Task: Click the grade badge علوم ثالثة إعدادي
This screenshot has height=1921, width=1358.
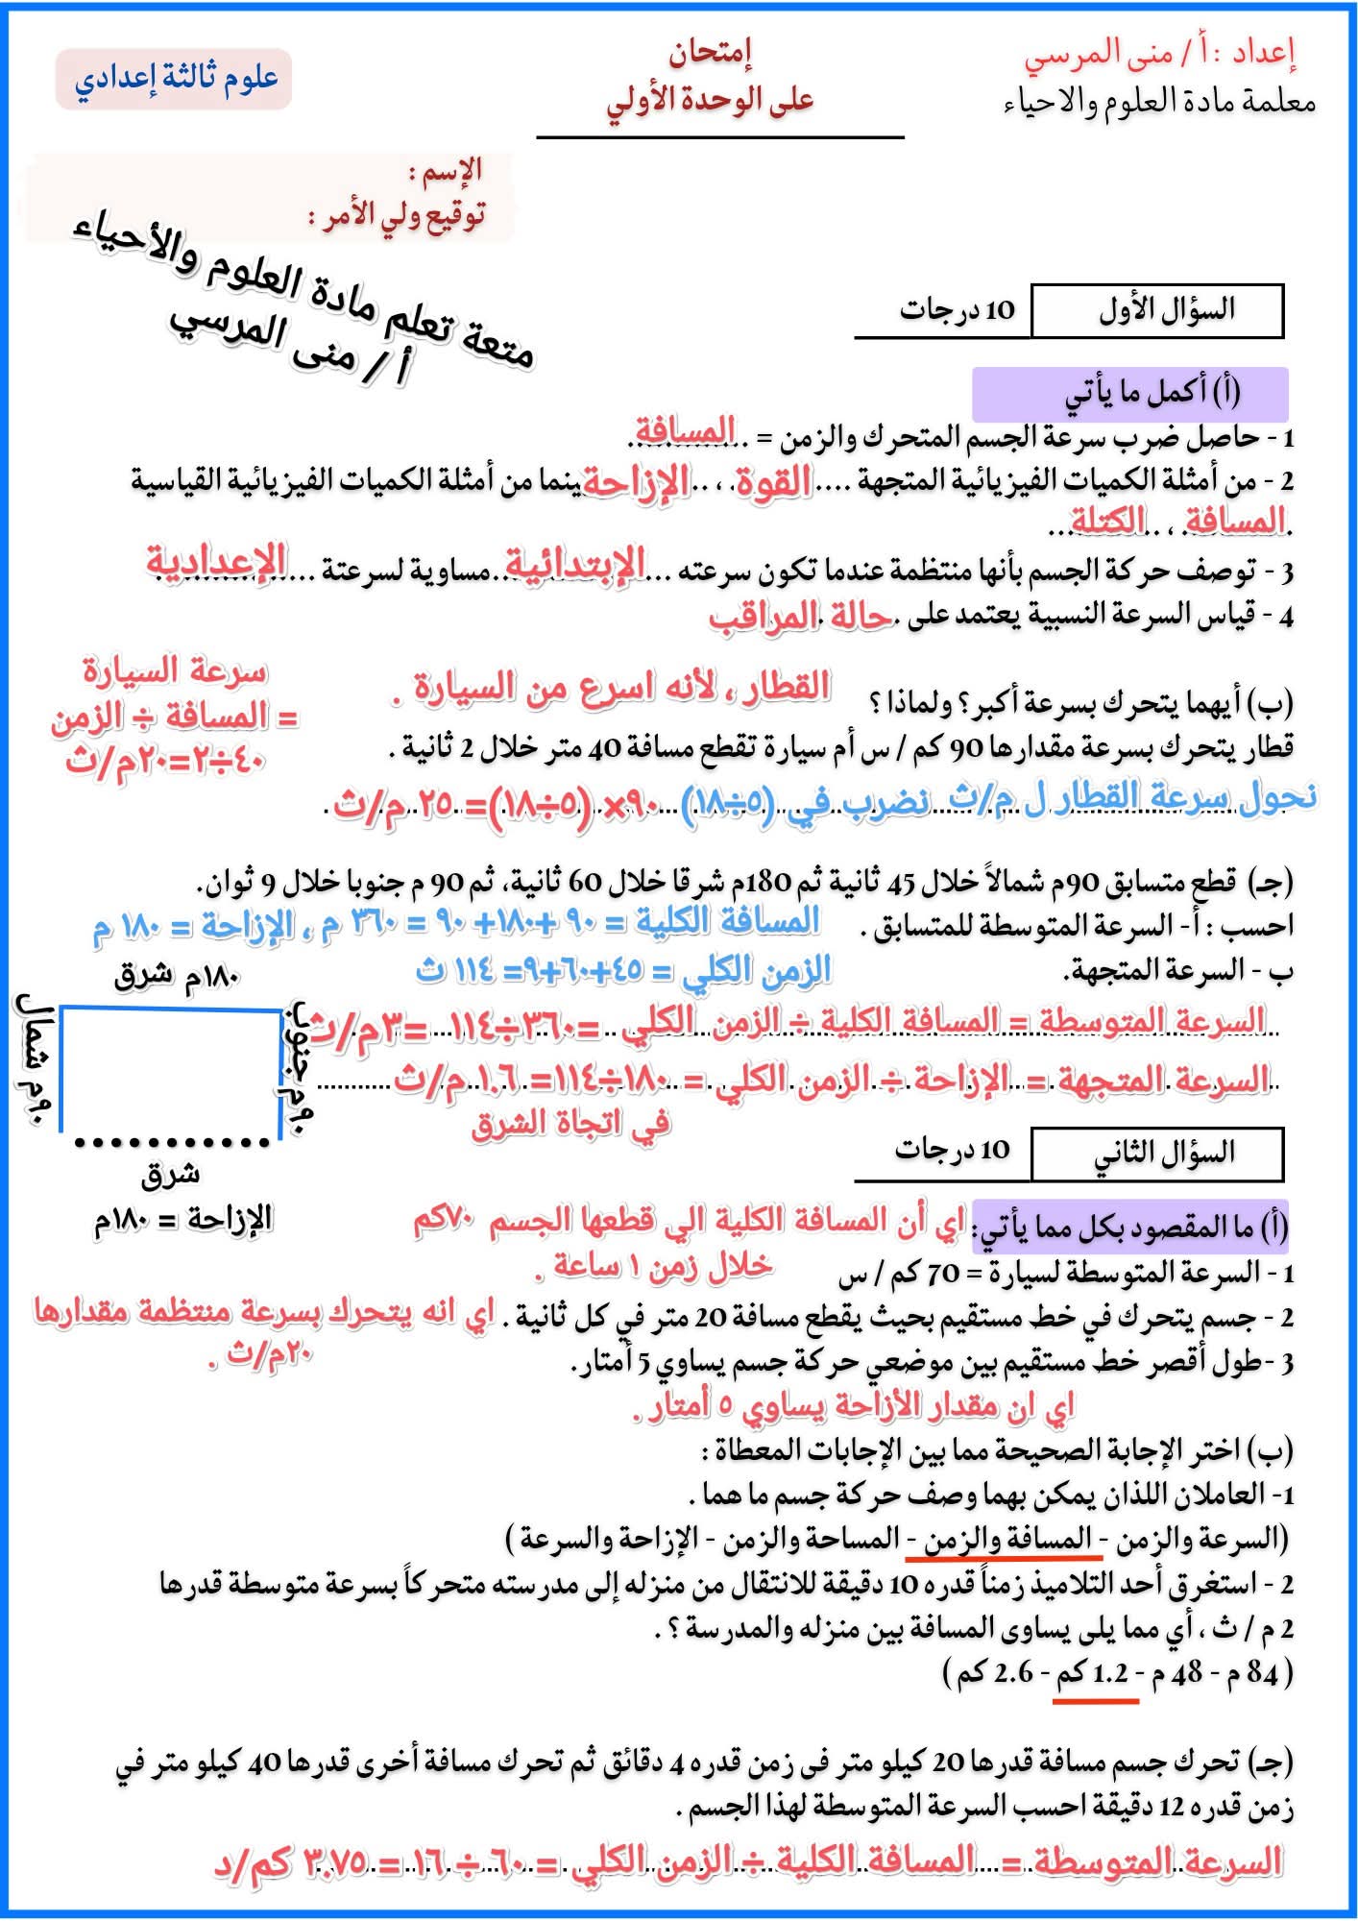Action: click(174, 79)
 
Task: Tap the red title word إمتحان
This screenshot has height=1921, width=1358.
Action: click(710, 53)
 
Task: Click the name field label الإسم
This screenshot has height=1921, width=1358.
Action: click(446, 173)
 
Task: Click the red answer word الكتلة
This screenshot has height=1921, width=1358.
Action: click(1108, 522)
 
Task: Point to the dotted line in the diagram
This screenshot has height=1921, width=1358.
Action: click(172, 1142)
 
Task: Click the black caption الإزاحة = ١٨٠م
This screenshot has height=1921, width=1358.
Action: click(182, 1220)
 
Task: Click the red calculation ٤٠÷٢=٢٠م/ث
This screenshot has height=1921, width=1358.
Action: click(164, 760)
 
